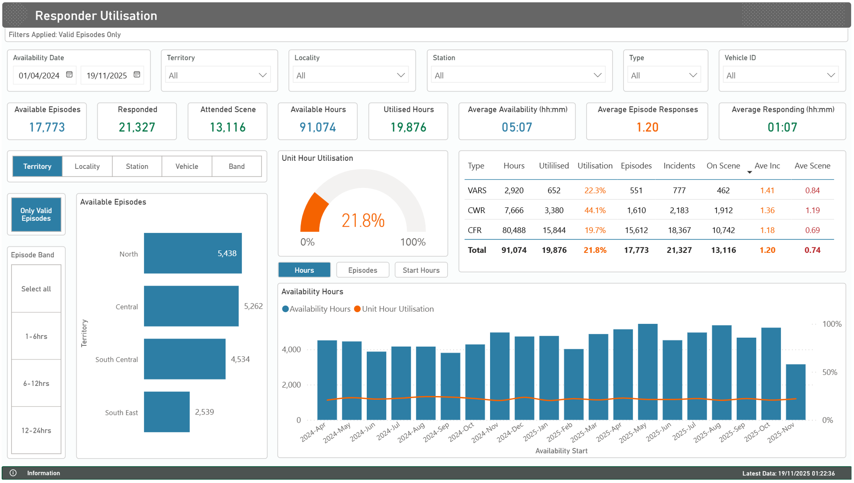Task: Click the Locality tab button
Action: [x=87, y=166]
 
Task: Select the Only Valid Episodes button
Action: [x=36, y=214]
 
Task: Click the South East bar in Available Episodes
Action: [x=167, y=412]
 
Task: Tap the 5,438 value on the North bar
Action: [x=227, y=253]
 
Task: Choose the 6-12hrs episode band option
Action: [x=36, y=383]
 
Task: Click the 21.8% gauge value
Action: [x=363, y=220]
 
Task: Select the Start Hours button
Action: [x=421, y=270]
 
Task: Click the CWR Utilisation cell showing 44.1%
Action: [x=595, y=210]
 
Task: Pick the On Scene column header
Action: [x=723, y=166]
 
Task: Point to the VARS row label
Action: [x=477, y=190]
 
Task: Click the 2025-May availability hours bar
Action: [x=648, y=372]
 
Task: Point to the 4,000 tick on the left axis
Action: [x=291, y=350]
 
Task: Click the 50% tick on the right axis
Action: [x=829, y=372]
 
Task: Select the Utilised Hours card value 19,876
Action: [x=408, y=127]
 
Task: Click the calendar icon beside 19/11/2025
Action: [x=137, y=75]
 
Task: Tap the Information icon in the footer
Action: [x=13, y=473]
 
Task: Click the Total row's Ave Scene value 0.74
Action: [x=812, y=250]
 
